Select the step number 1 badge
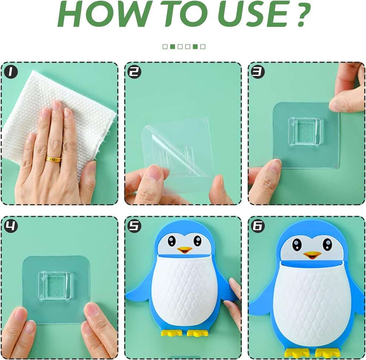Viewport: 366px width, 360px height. tap(11, 72)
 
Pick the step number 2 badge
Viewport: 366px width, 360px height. tap(135, 72)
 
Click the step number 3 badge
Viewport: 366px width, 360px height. tap(258, 72)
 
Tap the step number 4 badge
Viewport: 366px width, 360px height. tap(11, 226)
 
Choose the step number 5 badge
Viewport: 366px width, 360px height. tap(135, 226)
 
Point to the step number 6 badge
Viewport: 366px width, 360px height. tap(258, 226)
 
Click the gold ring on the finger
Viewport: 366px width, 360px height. tap(53, 159)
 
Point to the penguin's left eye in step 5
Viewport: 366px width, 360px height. tap(172, 241)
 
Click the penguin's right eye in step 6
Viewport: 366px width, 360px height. tap(328, 244)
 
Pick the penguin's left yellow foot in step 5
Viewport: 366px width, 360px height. tap(172, 333)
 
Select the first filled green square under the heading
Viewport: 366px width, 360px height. tap(172, 47)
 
